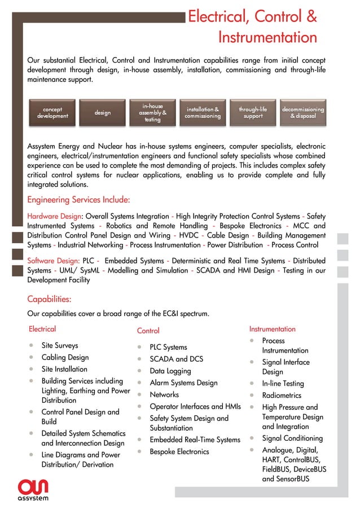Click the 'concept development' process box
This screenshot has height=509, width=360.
(x=52, y=113)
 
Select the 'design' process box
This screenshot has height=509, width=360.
(x=102, y=113)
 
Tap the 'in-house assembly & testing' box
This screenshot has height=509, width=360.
(x=152, y=113)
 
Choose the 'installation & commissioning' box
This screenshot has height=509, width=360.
(x=203, y=113)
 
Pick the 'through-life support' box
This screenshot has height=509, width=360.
(x=253, y=113)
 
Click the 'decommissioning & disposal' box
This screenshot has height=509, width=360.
(x=303, y=113)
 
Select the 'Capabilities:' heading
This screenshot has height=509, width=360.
(x=49, y=299)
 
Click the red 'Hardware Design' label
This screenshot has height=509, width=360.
(x=54, y=216)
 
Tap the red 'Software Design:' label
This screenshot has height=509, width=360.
(x=54, y=261)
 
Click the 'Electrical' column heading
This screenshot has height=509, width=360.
(x=42, y=329)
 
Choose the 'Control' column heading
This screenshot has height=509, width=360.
(x=148, y=331)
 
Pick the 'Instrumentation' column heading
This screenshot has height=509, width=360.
(x=272, y=329)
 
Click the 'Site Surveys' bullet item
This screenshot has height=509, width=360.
(x=60, y=345)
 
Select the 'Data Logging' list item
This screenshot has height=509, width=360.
(x=170, y=371)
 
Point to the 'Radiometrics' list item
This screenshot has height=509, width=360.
(x=282, y=396)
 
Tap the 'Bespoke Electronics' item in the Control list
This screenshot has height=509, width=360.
(x=179, y=451)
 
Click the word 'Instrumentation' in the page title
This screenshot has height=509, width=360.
(x=267, y=38)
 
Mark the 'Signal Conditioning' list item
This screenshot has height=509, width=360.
(x=292, y=438)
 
